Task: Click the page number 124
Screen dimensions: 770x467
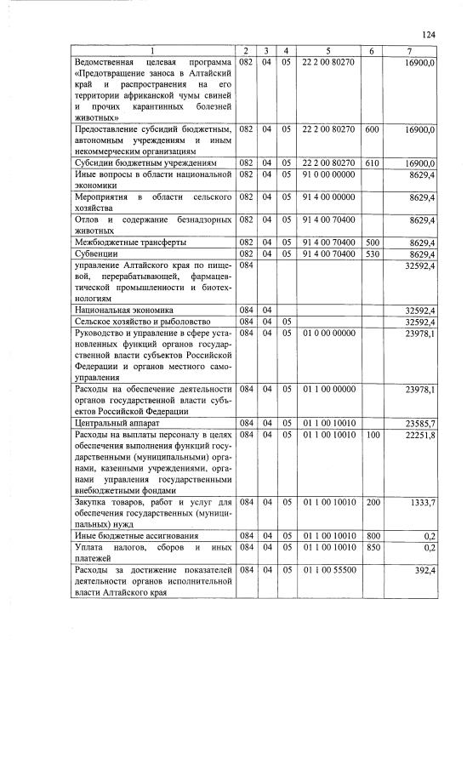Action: pos(428,35)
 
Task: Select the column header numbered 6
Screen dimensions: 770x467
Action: pos(371,53)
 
